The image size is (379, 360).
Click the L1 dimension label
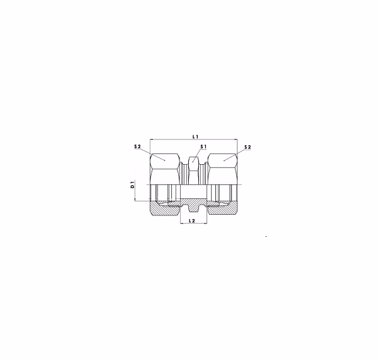(195, 137)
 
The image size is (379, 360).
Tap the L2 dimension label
(192, 220)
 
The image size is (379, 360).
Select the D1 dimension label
(132, 184)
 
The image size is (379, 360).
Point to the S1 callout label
(203, 147)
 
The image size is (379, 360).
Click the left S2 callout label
(137, 147)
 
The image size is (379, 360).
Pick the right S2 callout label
(248, 147)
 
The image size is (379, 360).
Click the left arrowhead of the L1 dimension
(152, 140)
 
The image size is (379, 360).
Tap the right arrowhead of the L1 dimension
(236, 140)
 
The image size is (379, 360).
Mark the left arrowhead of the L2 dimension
(182, 224)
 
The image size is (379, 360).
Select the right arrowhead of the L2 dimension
(205, 224)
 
